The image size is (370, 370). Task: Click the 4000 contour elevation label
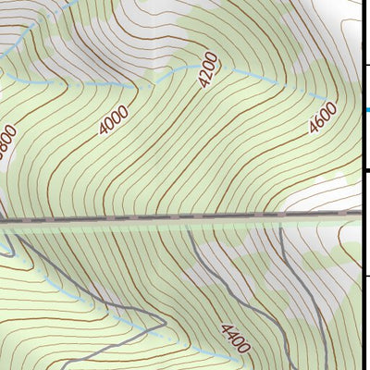click(114, 120)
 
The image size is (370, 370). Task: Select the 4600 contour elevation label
click(323, 119)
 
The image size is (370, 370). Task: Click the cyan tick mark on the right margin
click(366, 110)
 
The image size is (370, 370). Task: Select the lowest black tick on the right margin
click(366, 276)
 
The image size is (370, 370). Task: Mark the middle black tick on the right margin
click(366, 170)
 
